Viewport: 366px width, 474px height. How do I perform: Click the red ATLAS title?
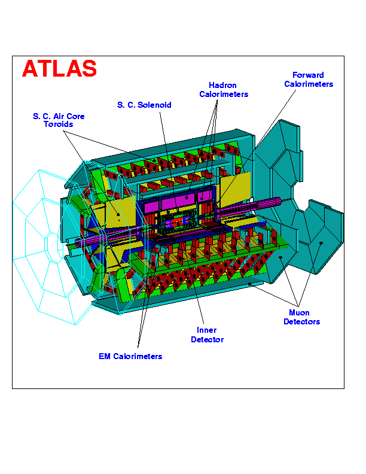[59, 68]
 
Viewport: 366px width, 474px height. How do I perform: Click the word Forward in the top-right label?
[308, 75]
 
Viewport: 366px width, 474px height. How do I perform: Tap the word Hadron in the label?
[222, 85]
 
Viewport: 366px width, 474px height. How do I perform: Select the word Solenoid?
[154, 105]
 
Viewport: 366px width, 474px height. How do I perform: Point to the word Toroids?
[58, 124]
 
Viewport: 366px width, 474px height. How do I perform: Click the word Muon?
[299, 312]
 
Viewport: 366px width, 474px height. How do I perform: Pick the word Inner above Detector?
[206, 330]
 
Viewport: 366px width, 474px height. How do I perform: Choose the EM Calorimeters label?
[130, 357]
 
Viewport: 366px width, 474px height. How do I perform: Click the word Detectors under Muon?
[301, 321]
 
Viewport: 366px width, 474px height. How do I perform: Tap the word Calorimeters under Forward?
[309, 84]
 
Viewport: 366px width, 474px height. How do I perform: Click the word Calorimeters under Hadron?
[224, 95]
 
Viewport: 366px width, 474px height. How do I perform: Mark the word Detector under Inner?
[207, 339]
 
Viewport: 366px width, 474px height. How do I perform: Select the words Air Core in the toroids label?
[69, 116]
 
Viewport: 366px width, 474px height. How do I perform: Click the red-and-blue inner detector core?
[176, 223]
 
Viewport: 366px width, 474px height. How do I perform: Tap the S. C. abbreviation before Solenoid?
[126, 105]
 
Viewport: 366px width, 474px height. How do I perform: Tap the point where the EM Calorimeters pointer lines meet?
[138, 348]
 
